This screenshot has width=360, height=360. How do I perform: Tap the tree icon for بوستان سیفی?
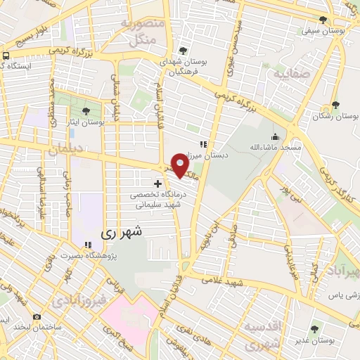pos(323,20)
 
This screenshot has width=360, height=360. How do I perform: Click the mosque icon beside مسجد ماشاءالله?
pos(275,136)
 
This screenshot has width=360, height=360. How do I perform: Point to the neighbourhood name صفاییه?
pos(291,73)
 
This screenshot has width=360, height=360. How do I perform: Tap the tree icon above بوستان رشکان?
pos(336,105)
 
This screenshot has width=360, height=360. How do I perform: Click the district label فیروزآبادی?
pos(79,300)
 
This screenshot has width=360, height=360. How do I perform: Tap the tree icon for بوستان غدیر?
pos(314,328)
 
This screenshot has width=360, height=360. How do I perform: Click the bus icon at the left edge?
pos(6,55)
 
